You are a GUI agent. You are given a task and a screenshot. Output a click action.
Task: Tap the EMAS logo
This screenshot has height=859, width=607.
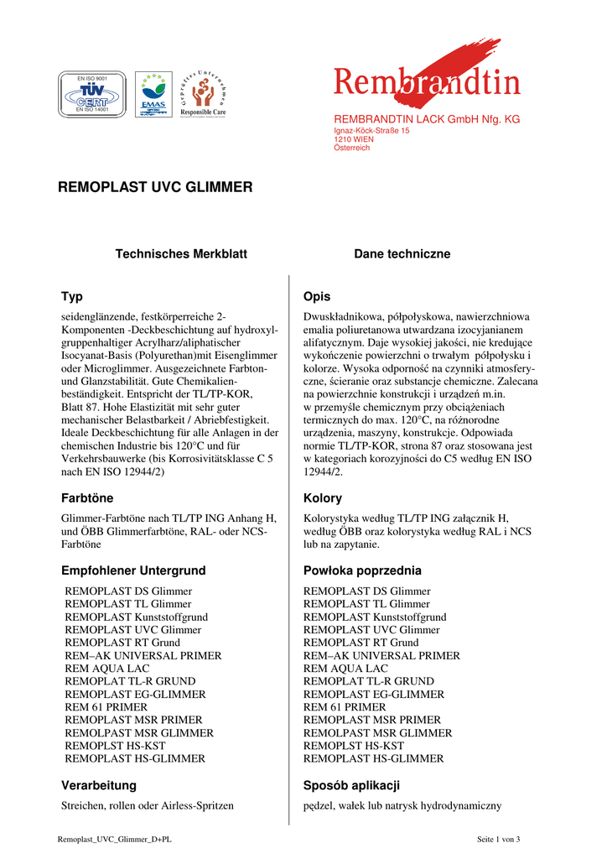click(x=153, y=94)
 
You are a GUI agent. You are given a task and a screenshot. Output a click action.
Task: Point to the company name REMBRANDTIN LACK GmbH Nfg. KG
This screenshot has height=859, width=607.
click(x=427, y=120)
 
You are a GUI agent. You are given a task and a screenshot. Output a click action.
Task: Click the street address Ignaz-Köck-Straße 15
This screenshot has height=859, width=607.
click(x=371, y=132)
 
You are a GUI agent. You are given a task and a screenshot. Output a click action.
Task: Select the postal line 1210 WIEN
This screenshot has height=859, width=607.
click(x=354, y=139)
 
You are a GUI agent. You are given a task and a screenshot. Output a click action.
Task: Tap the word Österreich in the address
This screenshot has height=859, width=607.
click(x=352, y=148)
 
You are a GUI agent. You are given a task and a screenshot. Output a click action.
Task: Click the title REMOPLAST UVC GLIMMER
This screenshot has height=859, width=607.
click(x=155, y=187)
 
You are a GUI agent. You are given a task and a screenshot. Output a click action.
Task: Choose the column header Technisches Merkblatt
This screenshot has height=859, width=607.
click(x=181, y=253)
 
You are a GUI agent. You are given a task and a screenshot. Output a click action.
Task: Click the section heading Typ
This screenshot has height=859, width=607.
click(x=72, y=297)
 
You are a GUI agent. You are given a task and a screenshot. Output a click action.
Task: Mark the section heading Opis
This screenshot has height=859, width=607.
click(x=317, y=297)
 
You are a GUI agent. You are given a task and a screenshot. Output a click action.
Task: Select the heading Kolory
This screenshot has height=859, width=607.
click(x=322, y=498)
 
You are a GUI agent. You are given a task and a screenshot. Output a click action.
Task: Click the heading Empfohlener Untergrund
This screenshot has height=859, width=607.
click(x=133, y=570)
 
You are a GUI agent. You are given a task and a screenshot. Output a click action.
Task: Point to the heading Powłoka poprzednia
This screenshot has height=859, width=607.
click(x=362, y=570)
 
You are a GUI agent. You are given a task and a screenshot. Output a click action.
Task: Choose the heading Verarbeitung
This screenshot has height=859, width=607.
click(x=99, y=785)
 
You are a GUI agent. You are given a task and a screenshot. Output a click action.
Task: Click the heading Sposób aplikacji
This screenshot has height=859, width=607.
click(x=351, y=785)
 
